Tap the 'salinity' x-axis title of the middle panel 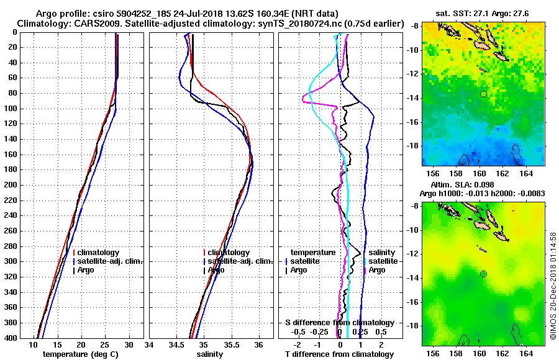click(x=210, y=354)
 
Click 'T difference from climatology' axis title click(x=339, y=354)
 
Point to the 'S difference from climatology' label click(x=339, y=323)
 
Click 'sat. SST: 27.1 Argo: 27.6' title click(x=484, y=12)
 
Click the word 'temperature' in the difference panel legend click(x=313, y=253)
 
